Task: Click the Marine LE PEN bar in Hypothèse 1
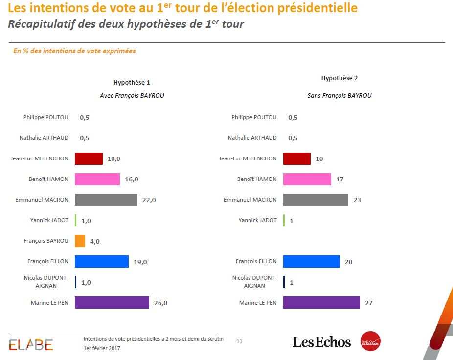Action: click(112, 303)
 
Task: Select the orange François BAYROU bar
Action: click(80, 241)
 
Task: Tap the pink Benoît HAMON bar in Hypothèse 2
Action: click(307, 180)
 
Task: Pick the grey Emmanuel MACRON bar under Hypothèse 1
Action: click(106, 200)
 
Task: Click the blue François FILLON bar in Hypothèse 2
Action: click(311, 262)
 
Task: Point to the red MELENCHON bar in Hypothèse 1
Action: click(89, 158)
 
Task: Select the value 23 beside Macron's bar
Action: click(357, 200)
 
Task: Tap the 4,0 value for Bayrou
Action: click(95, 241)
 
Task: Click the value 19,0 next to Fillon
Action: click(140, 262)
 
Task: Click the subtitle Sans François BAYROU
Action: click(339, 96)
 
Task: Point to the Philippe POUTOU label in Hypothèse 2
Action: click(254, 117)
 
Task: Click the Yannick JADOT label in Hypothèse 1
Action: click(49, 220)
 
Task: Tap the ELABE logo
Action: click(31, 344)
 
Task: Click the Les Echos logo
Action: click(321, 342)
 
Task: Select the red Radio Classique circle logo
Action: click(370, 342)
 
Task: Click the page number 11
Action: click(239, 341)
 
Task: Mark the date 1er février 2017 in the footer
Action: click(102, 348)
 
